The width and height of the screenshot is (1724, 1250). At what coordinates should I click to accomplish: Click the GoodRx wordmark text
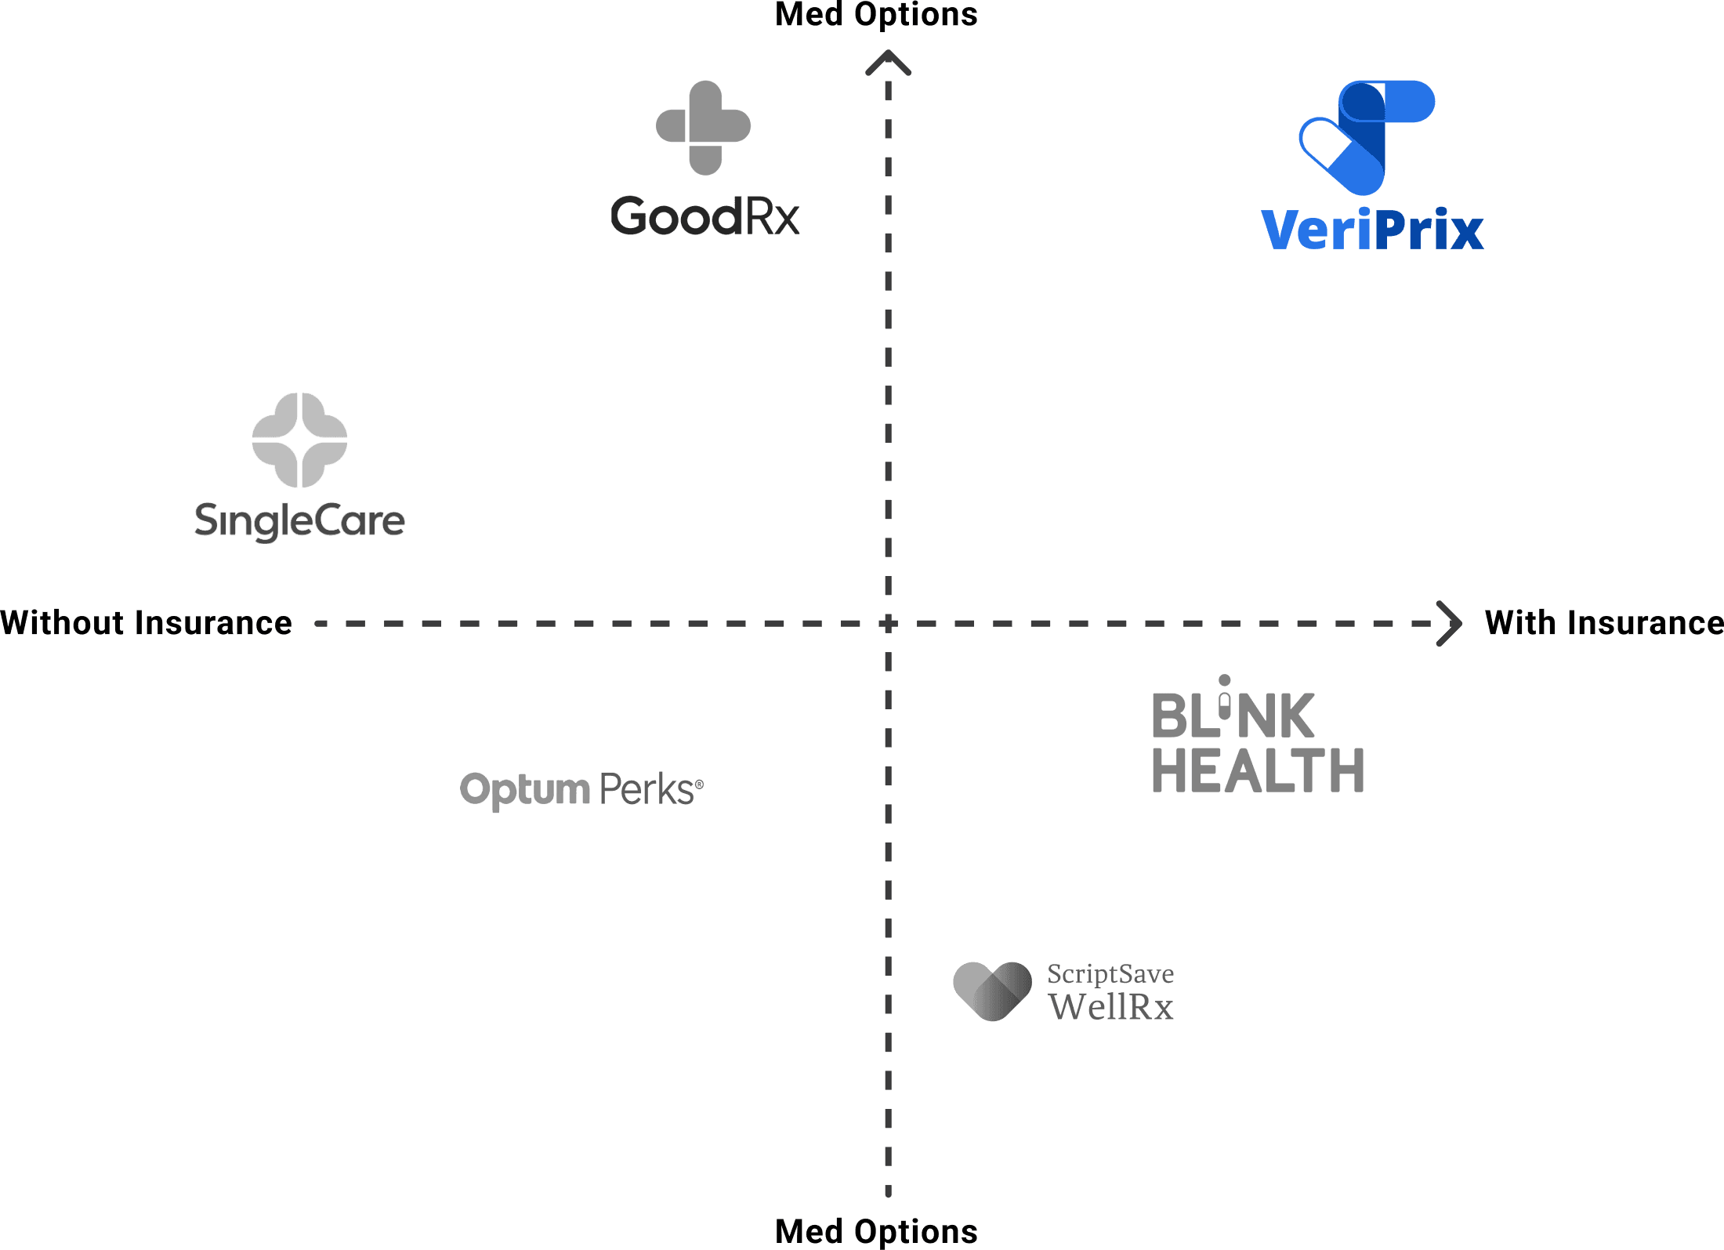tap(704, 217)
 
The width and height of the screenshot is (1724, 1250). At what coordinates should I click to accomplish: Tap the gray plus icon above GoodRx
tap(704, 127)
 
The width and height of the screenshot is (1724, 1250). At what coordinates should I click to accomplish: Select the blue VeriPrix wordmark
tap(1372, 230)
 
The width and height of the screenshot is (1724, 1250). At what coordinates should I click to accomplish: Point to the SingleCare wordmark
tap(299, 521)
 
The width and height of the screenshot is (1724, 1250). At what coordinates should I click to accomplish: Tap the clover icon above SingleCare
tap(299, 440)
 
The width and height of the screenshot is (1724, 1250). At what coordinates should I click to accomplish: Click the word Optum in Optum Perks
tap(524, 789)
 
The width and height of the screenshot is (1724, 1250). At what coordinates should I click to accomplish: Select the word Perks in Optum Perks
tap(648, 789)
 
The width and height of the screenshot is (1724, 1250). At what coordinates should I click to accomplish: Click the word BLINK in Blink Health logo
tap(1232, 715)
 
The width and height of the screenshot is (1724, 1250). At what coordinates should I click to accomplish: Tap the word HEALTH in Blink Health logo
tap(1258, 770)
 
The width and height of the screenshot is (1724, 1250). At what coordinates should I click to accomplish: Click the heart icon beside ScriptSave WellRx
tap(992, 991)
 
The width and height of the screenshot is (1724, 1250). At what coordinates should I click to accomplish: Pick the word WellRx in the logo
tap(1110, 1007)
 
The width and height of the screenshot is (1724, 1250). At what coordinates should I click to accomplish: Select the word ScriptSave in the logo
tap(1110, 974)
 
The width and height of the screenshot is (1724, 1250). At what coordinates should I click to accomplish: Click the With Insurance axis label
tap(1603, 623)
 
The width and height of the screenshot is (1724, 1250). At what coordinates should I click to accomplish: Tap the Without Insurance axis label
tap(147, 623)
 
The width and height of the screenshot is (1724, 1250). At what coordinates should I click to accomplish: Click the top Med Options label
tap(876, 14)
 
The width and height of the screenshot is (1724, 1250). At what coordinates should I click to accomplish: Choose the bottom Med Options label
tap(876, 1231)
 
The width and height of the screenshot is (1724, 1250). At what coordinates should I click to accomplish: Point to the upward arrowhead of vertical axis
tap(888, 63)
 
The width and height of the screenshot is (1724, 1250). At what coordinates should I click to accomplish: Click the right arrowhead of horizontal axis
tap(1451, 624)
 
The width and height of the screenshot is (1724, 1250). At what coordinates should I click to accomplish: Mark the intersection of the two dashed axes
tap(888, 624)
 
